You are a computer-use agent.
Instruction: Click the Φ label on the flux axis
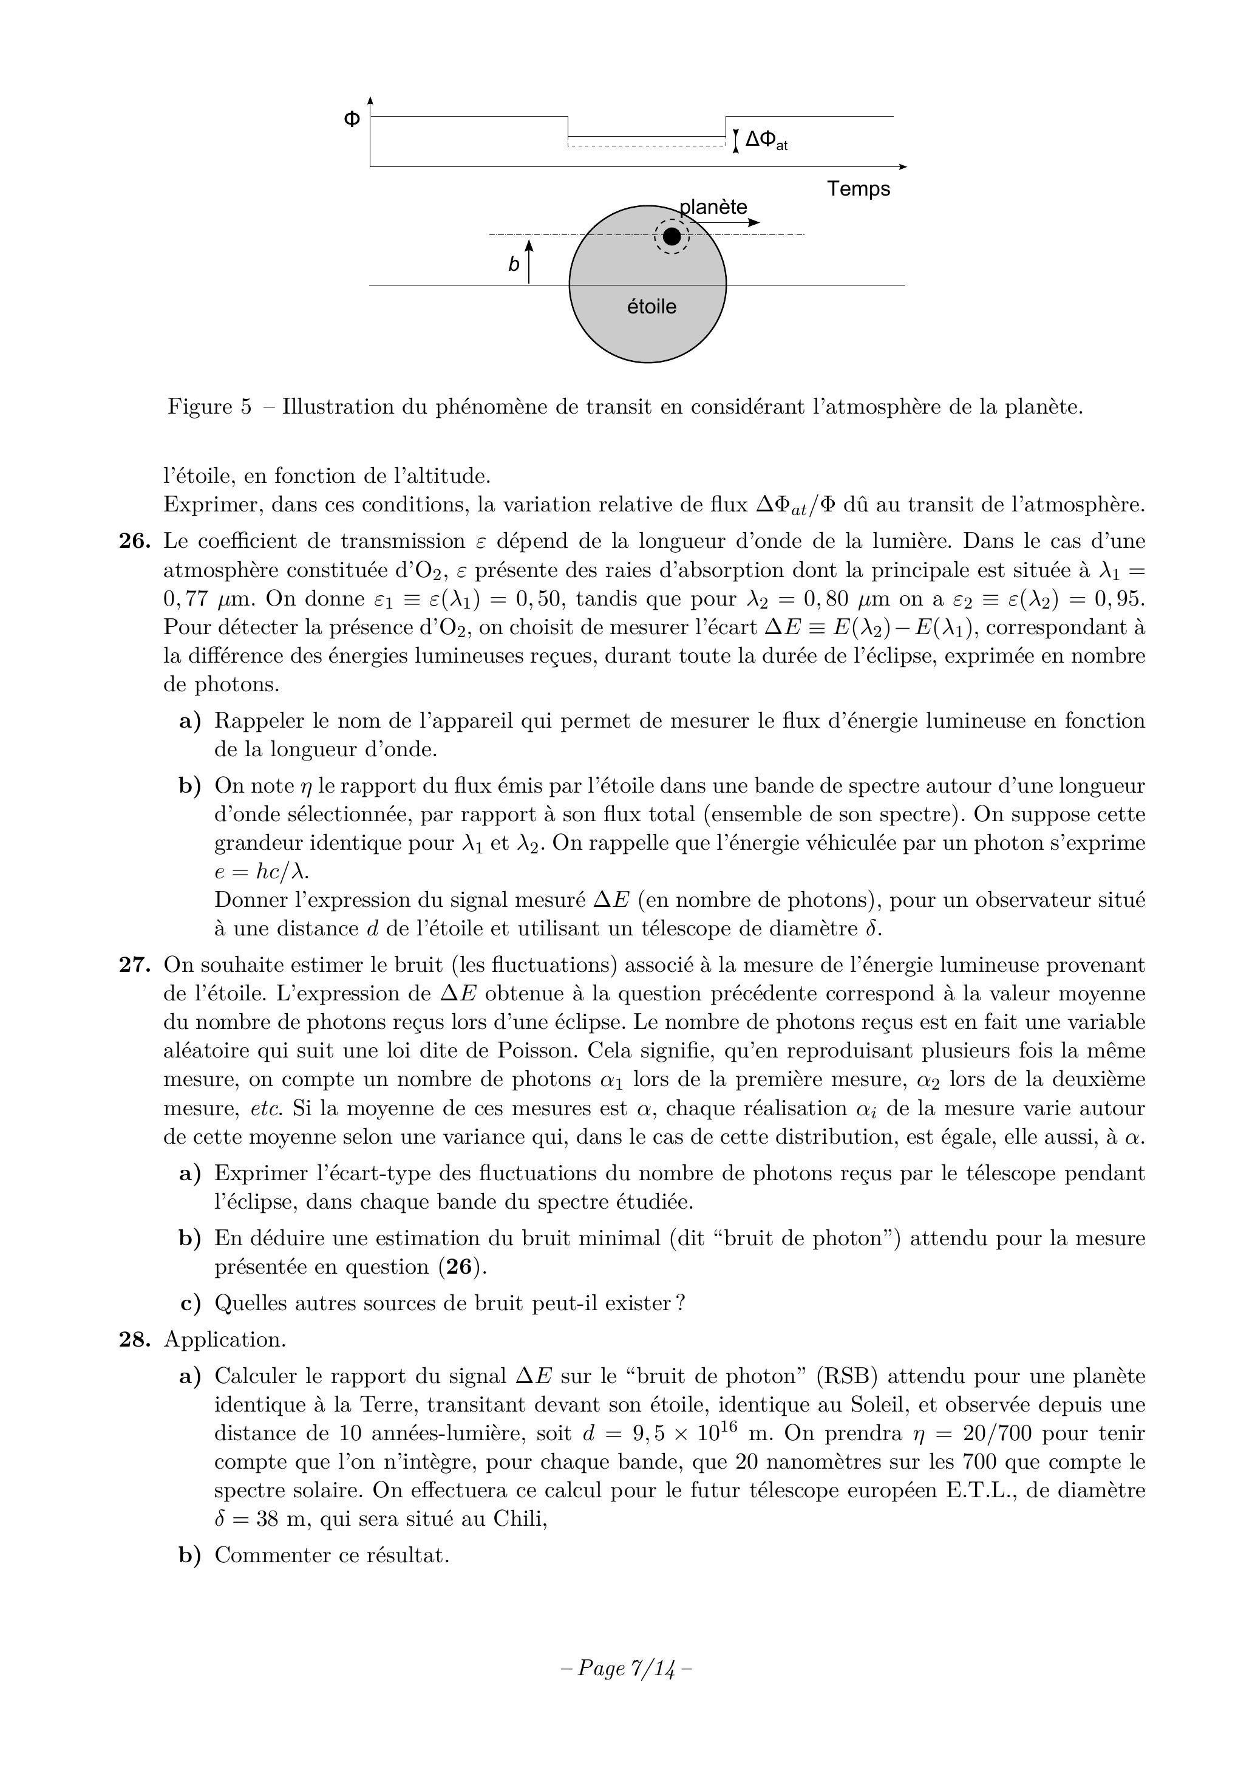pos(352,119)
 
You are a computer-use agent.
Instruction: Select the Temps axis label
pos(859,189)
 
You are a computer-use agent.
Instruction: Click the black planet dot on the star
pos(672,236)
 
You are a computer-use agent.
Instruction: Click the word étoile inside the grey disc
pos(651,307)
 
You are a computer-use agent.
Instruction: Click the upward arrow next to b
pos(529,261)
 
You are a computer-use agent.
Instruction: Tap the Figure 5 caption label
pos(209,407)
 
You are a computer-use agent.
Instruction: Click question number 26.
pos(134,541)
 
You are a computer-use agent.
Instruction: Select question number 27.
pos(134,965)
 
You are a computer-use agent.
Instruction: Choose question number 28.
pos(134,1340)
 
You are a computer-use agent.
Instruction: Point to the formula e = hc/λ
pos(261,872)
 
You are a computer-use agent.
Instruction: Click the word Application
pos(224,1340)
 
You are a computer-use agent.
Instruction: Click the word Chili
pos(520,1519)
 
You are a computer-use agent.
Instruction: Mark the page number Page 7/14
pos(625,1668)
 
